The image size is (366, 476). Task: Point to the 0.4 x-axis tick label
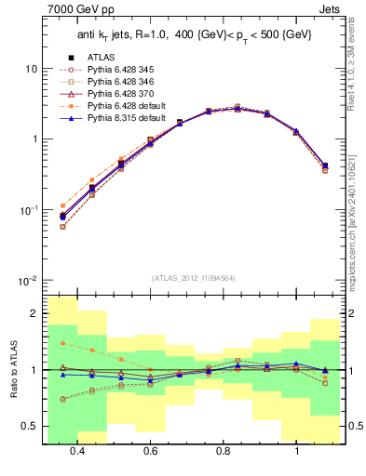pos(77,451)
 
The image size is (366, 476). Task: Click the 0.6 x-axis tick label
pos(150,451)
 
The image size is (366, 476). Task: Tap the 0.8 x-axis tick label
pos(224,451)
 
